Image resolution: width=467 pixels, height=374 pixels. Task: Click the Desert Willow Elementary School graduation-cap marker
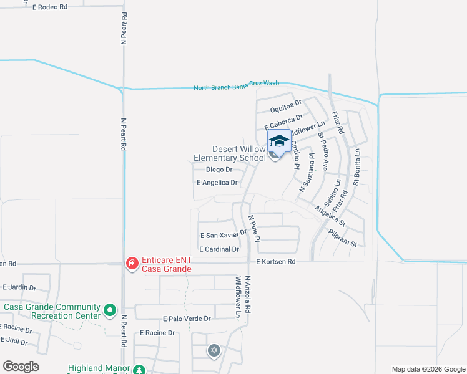point(279,141)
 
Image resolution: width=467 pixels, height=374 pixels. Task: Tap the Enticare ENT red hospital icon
point(132,264)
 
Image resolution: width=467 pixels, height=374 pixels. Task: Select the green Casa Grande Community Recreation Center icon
point(111,309)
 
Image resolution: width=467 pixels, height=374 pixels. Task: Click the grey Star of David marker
point(214,351)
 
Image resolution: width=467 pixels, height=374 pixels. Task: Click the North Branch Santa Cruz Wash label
point(236,87)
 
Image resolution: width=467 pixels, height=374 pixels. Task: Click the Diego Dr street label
point(219,170)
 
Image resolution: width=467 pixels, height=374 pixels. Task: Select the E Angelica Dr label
point(217,183)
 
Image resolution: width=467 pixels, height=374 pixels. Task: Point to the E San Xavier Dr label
point(224,235)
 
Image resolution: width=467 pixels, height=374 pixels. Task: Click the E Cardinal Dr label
point(219,249)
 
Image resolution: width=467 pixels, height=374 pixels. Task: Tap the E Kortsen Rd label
point(275,262)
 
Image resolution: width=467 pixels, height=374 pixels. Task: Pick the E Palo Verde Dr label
point(187,319)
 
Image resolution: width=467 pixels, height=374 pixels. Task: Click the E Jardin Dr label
point(19,288)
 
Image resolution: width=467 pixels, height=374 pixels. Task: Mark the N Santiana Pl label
point(305,173)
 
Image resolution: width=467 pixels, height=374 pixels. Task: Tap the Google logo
point(21,367)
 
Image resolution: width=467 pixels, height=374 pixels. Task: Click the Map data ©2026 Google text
point(428,369)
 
